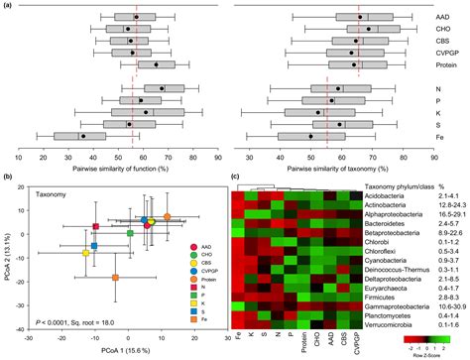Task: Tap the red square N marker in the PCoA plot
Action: coord(96,227)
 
